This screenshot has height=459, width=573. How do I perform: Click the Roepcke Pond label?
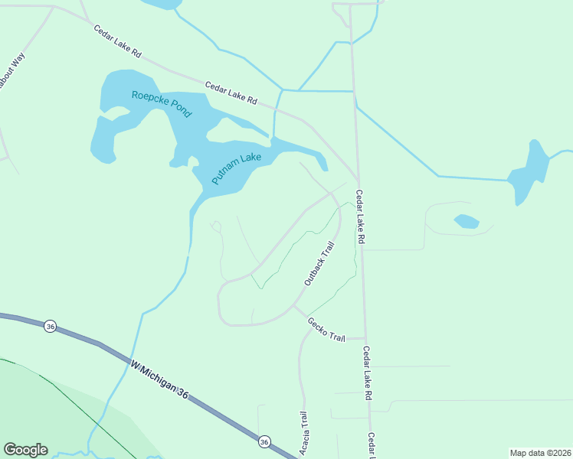(162, 104)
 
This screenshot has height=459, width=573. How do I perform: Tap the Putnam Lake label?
(237, 168)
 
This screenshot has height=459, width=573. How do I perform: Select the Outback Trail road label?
(319, 264)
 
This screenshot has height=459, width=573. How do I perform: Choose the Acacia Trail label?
(303, 429)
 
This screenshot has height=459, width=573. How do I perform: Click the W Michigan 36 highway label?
(169, 381)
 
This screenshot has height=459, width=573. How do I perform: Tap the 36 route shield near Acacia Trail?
(264, 441)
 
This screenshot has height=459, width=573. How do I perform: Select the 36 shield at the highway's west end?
(50, 325)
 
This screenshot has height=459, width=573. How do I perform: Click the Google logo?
(25, 450)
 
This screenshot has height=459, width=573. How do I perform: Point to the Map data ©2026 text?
(539, 452)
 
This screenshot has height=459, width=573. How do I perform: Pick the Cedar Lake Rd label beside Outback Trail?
(360, 218)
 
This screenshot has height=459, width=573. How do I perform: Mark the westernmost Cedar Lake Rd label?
(118, 42)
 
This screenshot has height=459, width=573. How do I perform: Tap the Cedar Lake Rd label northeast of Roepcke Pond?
(231, 94)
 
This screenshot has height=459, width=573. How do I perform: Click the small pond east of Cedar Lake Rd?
(467, 222)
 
